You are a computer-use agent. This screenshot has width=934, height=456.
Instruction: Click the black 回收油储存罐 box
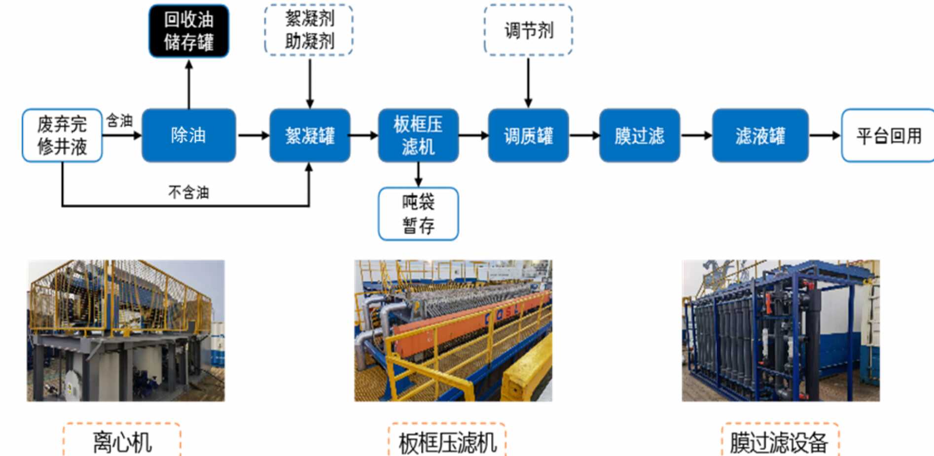[189, 31]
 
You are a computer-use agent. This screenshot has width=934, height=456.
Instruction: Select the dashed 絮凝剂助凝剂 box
[309, 30]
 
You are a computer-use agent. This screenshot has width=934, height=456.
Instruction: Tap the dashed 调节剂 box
[528, 30]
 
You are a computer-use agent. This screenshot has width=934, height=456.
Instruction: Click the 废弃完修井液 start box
[62, 135]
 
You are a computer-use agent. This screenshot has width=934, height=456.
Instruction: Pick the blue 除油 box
[188, 135]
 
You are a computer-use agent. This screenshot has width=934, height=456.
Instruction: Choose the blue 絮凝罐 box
[310, 136]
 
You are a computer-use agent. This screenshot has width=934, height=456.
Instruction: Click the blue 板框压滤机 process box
[418, 135]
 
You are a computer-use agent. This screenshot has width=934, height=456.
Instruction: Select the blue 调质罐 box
[528, 136]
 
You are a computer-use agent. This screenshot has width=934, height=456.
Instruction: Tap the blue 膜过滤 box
[639, 136]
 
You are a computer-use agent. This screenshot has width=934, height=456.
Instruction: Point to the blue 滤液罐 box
[760, 136]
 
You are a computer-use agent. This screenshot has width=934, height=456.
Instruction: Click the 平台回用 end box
[888, 136]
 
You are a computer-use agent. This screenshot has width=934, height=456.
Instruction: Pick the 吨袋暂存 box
[418, 214]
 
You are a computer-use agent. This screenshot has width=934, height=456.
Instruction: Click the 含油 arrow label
[119, 120]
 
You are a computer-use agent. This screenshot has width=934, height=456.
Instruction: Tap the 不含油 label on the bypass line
[188, 192]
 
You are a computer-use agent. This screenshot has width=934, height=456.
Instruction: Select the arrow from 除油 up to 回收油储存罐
[189, 84]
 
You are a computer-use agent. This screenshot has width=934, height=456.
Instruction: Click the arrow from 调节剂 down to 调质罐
[528, 81]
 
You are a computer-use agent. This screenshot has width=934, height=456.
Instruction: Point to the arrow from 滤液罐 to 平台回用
[825, 136]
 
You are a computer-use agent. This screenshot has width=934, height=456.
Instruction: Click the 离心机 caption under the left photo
[122, 442]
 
